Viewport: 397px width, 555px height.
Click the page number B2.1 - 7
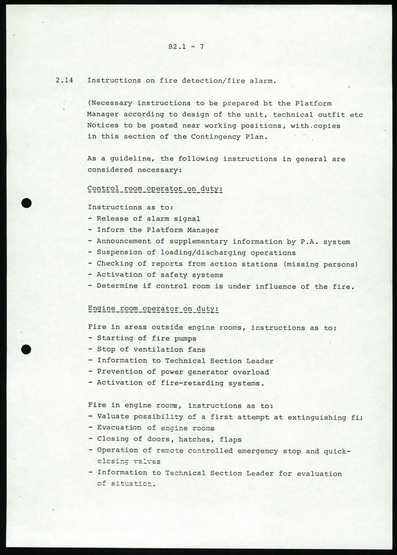click(x=186, y=47)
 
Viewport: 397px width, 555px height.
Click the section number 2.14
click(x=64, y=81)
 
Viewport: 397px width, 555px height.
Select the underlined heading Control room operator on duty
click(x=155, y=189)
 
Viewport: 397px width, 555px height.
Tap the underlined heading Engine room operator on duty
click(x=153, y=309)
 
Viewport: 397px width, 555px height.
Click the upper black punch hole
click(x=27, y=203)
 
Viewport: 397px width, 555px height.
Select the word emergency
click(x=258, y=451)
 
